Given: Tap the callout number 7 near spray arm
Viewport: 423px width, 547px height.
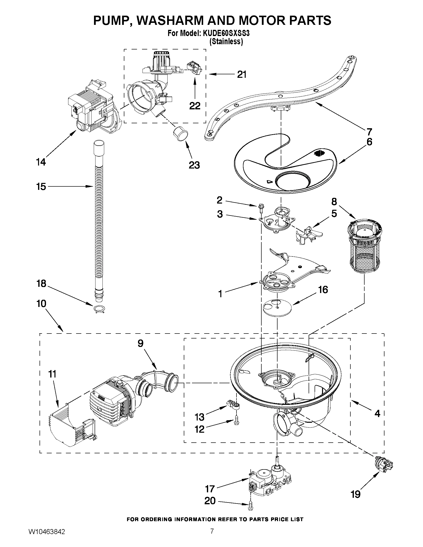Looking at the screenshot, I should click(369, 131).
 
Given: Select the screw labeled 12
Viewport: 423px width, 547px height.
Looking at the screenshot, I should click(236, 422).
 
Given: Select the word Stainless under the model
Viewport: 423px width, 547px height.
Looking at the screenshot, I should click(226, 42).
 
